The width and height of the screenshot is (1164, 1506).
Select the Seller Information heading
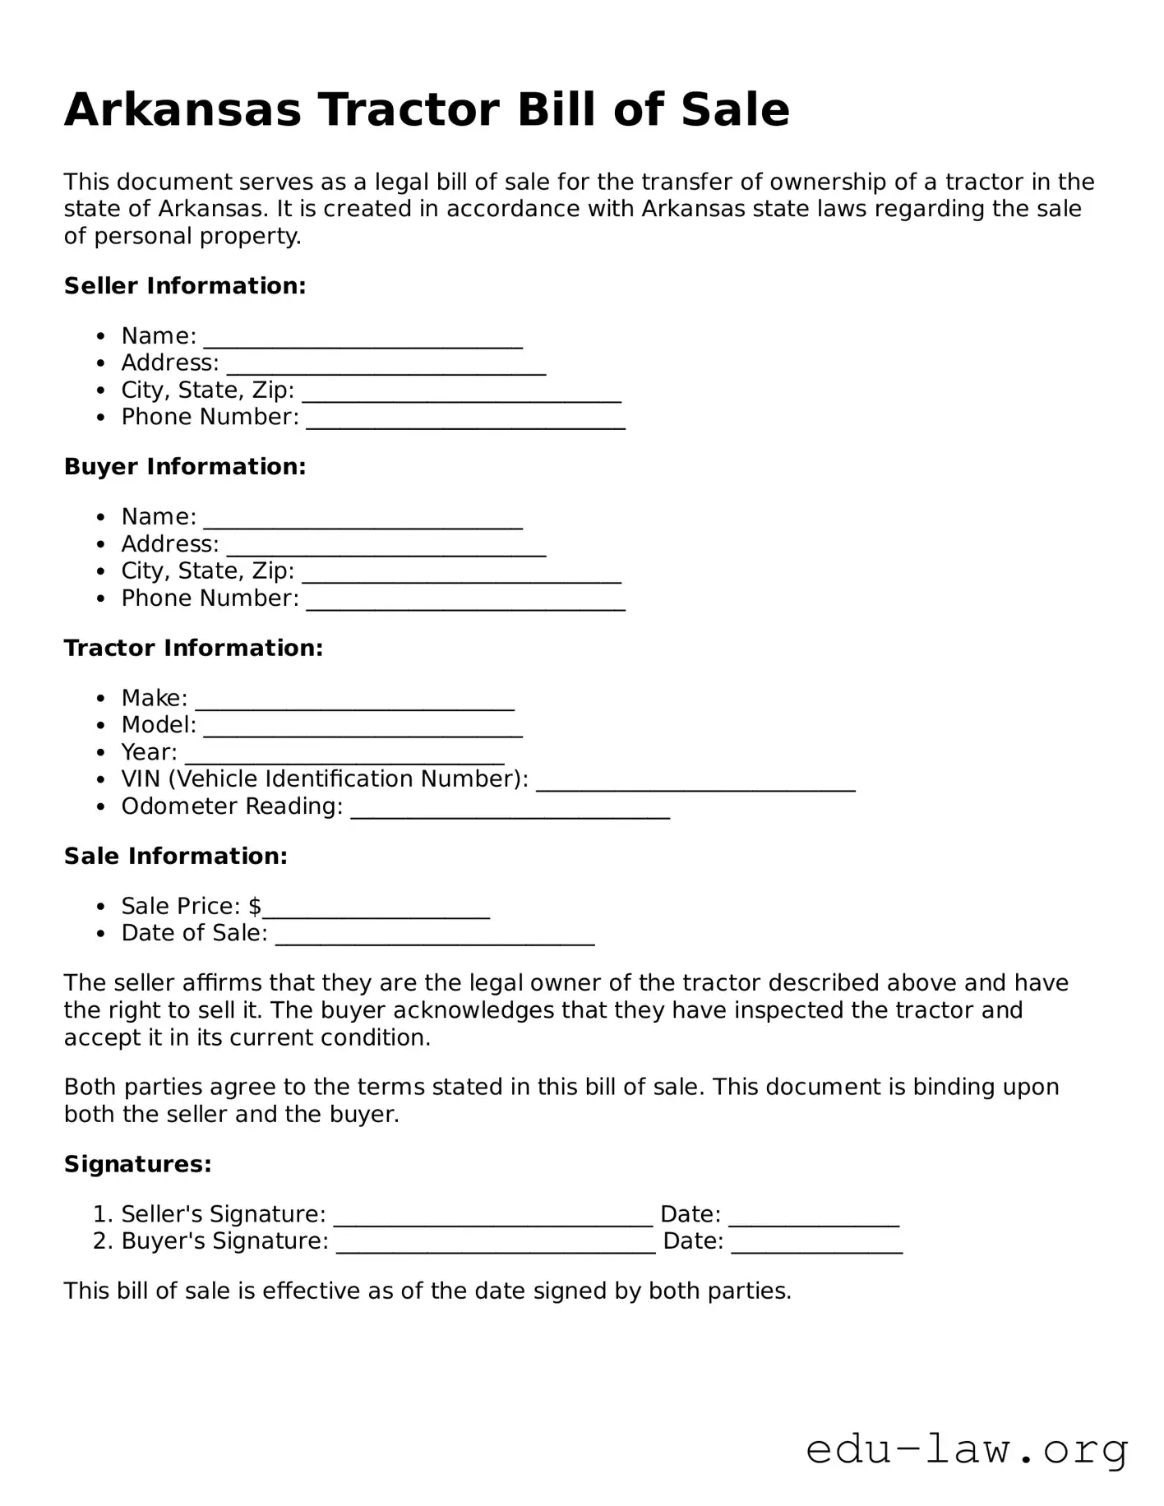pos(185,286)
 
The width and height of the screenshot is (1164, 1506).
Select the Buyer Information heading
pos(185,467)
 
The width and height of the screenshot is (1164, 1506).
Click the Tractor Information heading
pos(193,648)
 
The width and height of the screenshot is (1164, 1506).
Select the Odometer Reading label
pos(232,806)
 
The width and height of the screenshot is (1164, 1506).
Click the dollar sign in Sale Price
pos(255,906)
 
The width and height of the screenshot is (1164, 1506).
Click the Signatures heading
pos(138,1164)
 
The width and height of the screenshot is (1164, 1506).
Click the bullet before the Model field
pos(101,726)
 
